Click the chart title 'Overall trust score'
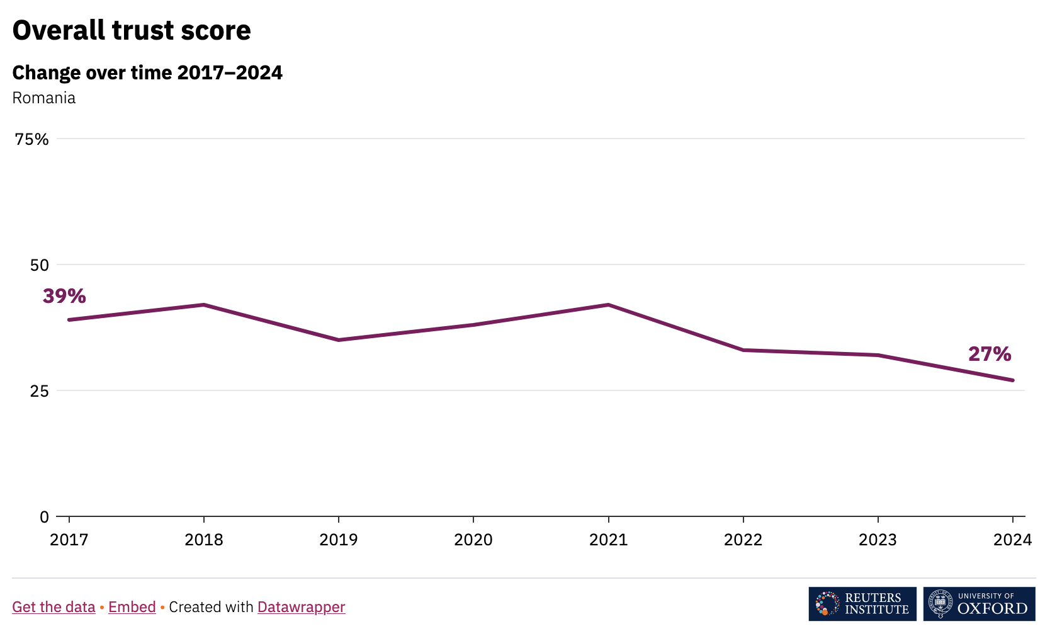point(132,30)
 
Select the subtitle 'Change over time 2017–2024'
point(147,72)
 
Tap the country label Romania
point(44,98)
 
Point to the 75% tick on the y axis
point(31,139)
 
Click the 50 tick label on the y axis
point(39,265)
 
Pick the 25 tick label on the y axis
point(39,391)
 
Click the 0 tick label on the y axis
point(44,517)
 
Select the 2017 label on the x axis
point(69,540)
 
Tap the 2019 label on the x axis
point(339,540)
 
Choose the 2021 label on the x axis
point(608,540)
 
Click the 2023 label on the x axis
point(878,540)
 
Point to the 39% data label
point(64,296)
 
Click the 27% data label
point(990,354)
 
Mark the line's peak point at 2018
point(204,305)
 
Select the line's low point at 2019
point(339,340)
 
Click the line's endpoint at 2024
point(1012,380)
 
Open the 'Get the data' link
point(54,607)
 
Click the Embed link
point(132,607)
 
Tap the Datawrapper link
point(301,607)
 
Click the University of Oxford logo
point(979,604)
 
